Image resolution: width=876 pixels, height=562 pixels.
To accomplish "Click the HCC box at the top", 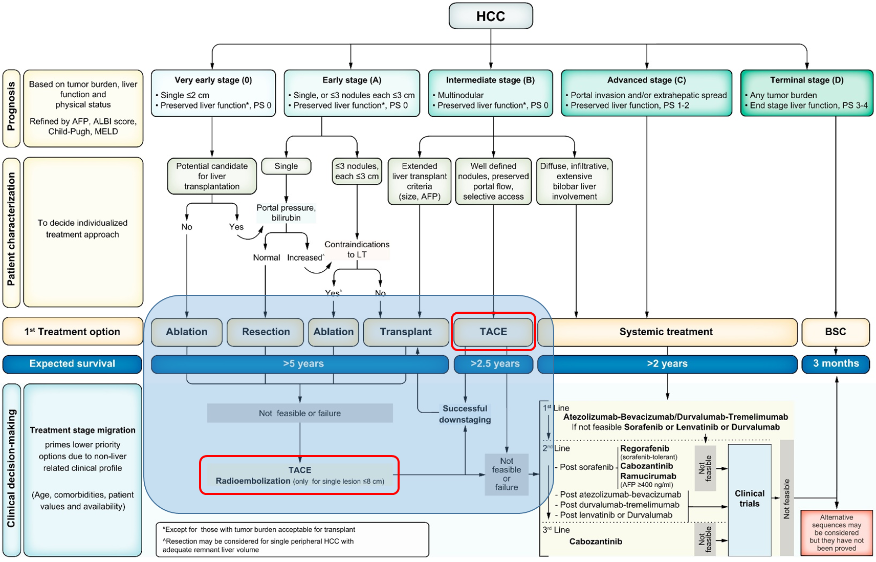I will tap(490, 16).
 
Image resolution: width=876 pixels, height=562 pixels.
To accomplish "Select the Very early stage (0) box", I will tap(213, 93).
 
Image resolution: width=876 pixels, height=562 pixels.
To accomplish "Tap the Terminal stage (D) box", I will tap(806, 93).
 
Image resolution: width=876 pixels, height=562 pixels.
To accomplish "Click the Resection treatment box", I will tap(266, 332).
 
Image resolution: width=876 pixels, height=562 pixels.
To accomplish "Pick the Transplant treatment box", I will tap(405, 332).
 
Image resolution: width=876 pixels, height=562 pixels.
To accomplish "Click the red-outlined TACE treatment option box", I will tap(493, 332).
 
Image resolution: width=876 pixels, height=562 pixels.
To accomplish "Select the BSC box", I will tap(835, 332).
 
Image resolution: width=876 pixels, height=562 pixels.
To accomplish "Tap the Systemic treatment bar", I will tap(666, 332).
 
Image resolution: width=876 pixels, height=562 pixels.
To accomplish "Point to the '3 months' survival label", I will tap(835, 363).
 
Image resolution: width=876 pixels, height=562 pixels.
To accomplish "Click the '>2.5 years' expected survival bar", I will tap(494, 363).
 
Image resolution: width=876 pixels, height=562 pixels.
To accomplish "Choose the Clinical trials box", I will tap(749, 499).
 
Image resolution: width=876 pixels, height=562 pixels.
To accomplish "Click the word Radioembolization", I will tap(253, 481).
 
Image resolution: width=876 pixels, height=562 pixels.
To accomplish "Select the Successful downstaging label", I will tap(465, 414).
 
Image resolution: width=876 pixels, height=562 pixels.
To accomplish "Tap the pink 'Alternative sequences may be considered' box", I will tap(836, 533).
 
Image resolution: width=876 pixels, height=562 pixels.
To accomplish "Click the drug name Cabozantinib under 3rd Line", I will tap(596, 542).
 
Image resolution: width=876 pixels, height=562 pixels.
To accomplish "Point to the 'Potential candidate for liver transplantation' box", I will tap(212, 176).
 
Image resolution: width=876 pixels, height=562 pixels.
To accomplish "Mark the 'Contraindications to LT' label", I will tap(357, 249).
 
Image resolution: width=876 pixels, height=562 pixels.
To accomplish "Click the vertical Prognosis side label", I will tap(11, 108).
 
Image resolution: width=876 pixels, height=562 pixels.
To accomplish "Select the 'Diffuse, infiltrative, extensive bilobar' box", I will tap(574, 181).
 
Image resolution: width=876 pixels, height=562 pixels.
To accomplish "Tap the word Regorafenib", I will tap(644, 448).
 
